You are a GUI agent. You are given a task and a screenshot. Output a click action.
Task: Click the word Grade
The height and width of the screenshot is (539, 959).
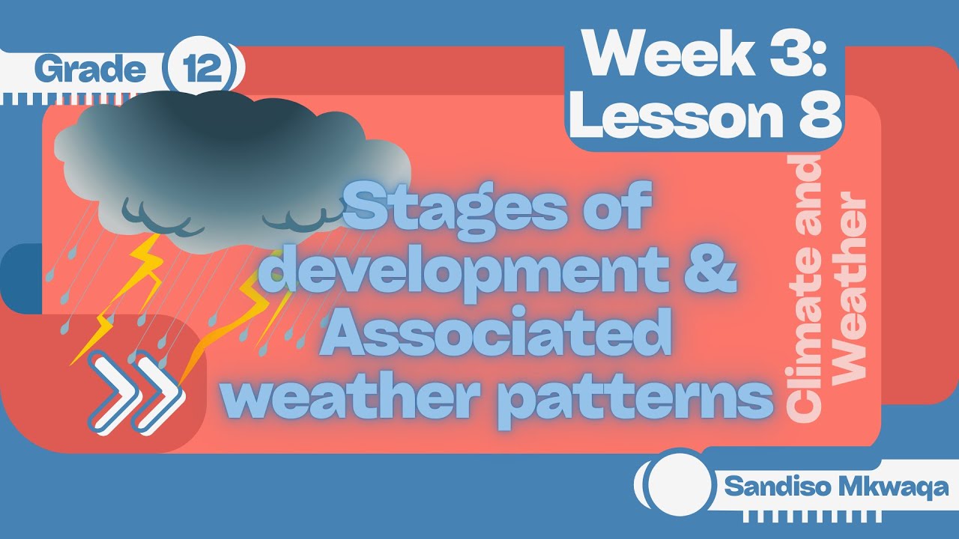(x=89, y=70)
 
